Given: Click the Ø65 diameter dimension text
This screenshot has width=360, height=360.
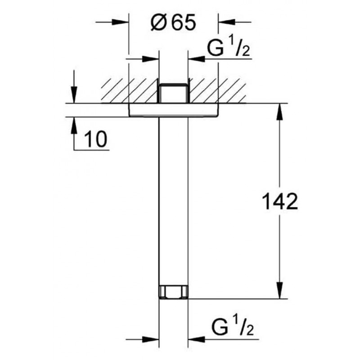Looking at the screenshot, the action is click(x=173, y=22).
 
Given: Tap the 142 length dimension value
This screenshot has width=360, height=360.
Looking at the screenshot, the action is click(x=279, y=202).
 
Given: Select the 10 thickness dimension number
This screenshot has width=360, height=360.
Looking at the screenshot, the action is click(x=96, y=139).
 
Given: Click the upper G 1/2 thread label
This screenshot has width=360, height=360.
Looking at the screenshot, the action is click(x=228, y=48).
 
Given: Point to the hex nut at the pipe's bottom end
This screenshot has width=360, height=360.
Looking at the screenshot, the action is click(x=174, y=292).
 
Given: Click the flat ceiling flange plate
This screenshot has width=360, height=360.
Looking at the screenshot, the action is click(x=174, y=110).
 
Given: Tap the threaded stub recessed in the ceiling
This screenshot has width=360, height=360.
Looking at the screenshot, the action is click(x=174, y=93).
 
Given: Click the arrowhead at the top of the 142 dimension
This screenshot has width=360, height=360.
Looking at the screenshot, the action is click(x=279, y=112).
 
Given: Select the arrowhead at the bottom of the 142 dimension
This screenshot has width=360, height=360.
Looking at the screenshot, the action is click(x=279, y=291).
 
